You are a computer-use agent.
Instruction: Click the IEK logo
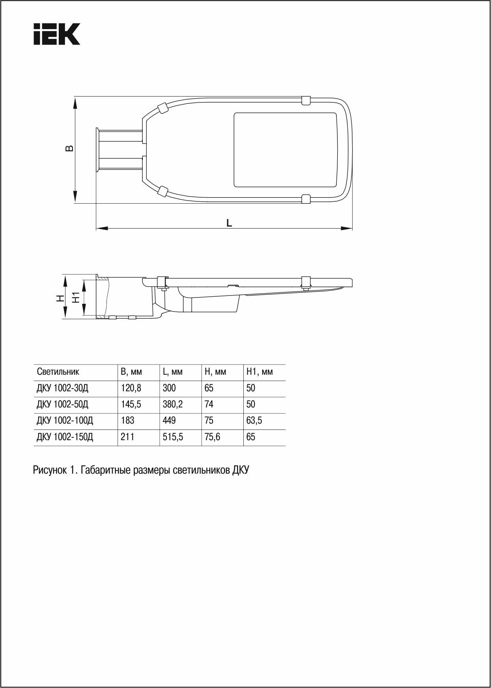[x=57, y=34]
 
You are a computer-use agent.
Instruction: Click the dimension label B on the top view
[x=69, y=148]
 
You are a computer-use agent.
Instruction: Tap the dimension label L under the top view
[x=229, y=223]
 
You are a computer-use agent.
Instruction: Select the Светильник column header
[x=58, y=372]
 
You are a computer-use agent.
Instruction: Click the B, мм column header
[x=131, y=372]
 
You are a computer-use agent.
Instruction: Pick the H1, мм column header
[x=259, y=372]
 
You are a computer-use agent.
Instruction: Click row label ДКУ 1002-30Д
[x=63, y=388]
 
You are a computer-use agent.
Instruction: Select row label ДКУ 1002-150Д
[x=65, y=437]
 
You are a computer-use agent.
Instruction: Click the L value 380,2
[x=173, y=404]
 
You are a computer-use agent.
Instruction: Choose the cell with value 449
[x=169, y=420]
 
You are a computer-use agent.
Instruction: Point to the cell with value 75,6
[x=212, y=437]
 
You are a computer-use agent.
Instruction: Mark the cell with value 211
[x=127, y=437]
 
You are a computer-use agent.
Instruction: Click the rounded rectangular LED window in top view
[x=286, y=150]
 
